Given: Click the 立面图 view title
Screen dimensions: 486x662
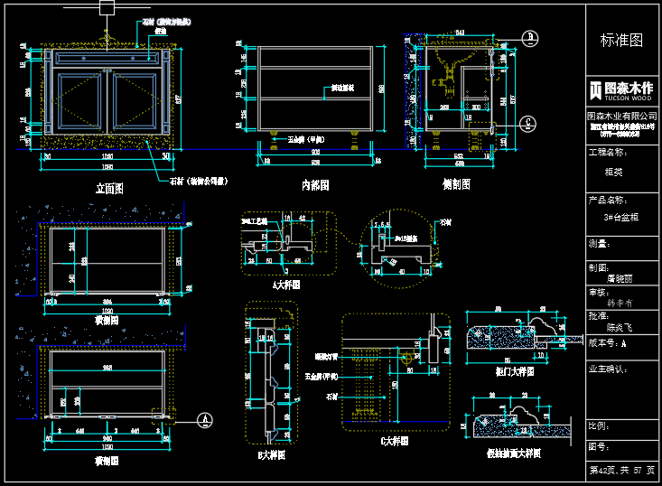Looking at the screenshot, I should (x=109, y=188).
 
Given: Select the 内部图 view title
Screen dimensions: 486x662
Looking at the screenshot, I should (x=315, y=184).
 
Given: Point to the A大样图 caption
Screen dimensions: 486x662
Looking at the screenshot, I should (x=285, y=284).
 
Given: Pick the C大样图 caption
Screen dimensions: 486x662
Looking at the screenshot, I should (x=395, y=442).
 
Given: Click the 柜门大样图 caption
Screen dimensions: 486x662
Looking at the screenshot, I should (x=515, y=370).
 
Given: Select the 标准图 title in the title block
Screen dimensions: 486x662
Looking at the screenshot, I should (x=622, y=41).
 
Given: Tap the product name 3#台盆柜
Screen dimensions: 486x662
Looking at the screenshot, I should (x=622, y=218).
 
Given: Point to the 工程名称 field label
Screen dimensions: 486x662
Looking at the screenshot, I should (x=607, y=153).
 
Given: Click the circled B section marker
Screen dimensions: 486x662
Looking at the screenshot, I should (x=531, y=35).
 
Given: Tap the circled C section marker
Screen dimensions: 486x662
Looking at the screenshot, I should (x=531, y=123).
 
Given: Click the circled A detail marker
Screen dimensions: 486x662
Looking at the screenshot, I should (x=207, y=419).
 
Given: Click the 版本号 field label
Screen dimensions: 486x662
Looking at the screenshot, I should (x=607, y=343).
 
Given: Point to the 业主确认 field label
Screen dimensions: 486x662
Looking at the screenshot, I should (x=608, y=369).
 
